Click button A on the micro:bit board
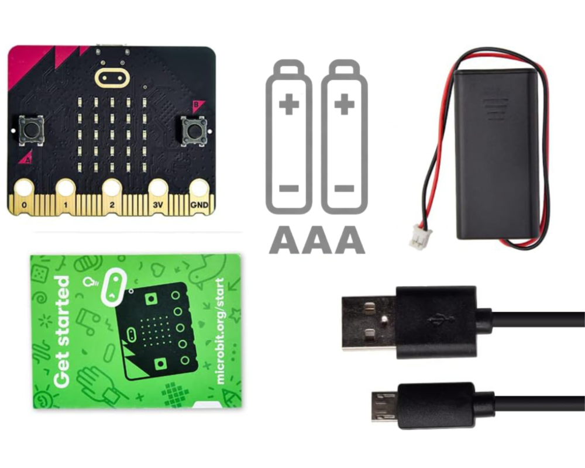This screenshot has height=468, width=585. point(30,129)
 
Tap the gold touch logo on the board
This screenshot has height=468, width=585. point(111,77)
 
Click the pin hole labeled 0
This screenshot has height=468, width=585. point(24,188)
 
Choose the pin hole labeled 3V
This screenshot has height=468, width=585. point(157,188)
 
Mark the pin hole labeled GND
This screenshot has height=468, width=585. point(199,188)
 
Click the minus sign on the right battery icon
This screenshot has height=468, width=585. point(345,188)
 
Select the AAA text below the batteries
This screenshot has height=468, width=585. point(316,239)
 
